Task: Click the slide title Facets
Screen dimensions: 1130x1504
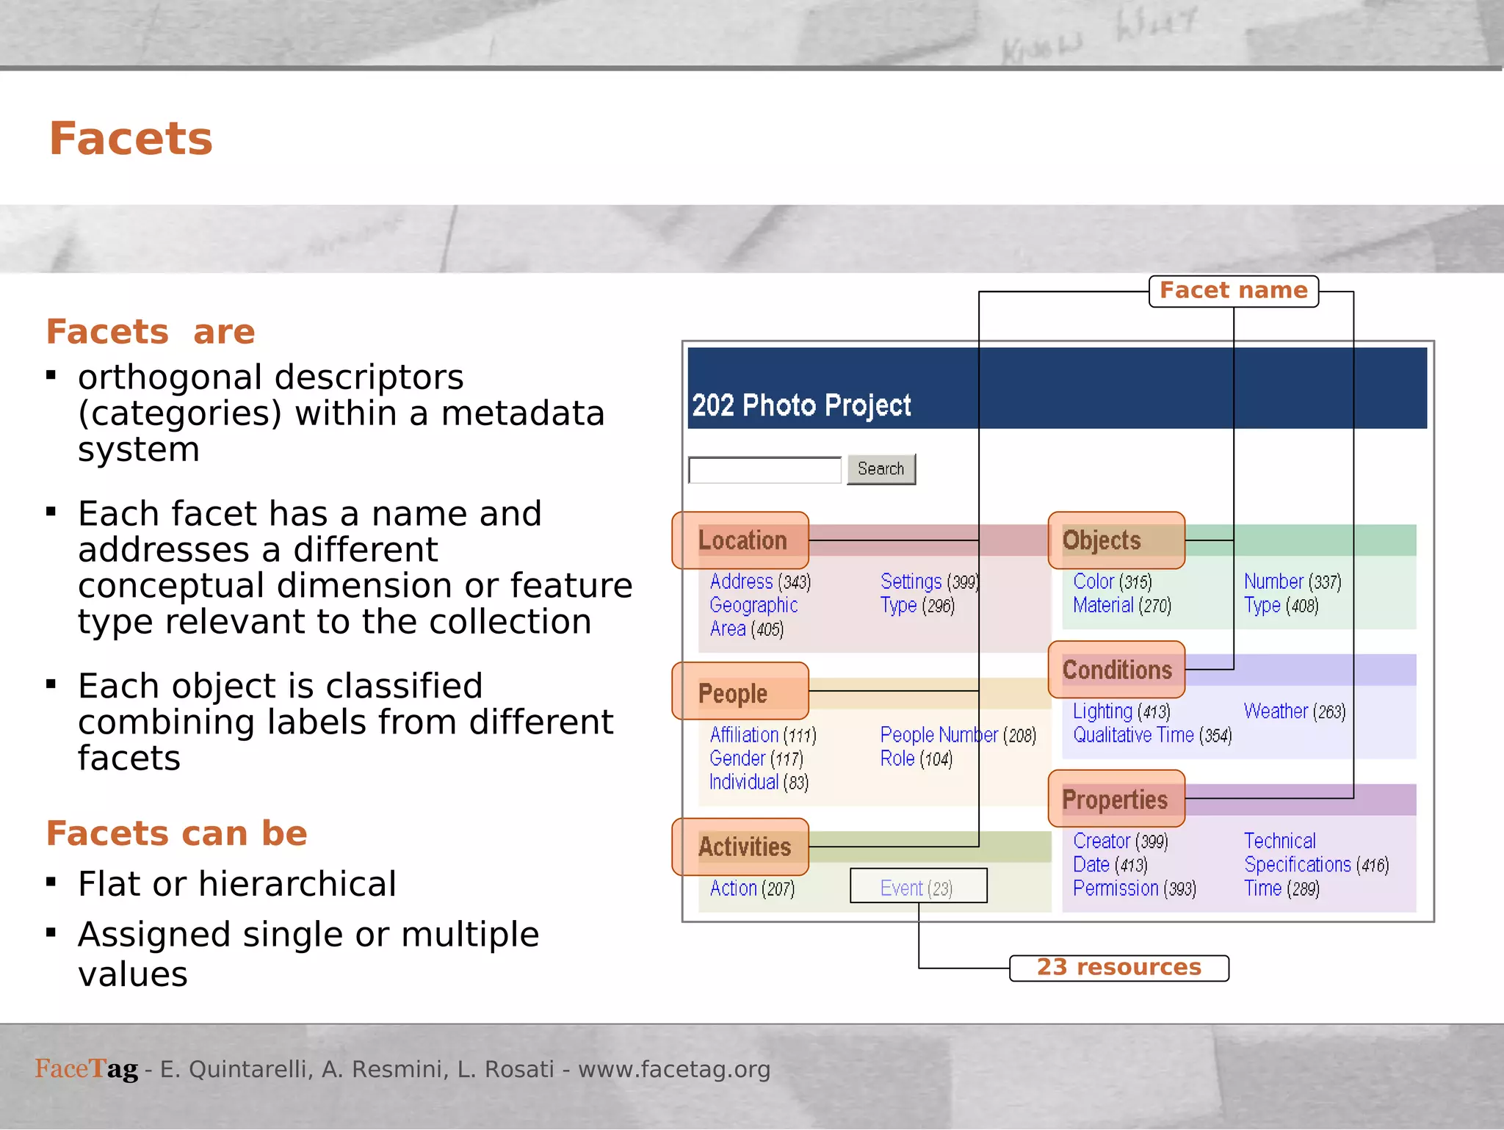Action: click(131, 139)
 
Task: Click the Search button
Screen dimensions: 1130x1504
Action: click(881, 469)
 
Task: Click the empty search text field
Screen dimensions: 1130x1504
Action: click(764, 470)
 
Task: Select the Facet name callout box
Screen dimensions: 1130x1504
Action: click(1233, 291)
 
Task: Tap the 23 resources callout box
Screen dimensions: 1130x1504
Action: click(1118, 968)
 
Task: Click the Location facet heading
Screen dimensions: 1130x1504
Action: click(742, 540)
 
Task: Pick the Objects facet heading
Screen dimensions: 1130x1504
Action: click(1102, 540)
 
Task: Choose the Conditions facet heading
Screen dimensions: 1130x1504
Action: click(1117, 670)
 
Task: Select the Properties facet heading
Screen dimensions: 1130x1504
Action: click(1115, 800)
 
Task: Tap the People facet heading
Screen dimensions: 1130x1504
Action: click(733, 693)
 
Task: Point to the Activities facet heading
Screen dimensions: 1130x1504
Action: click(744, 847)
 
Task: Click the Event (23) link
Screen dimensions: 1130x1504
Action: click(916, 888)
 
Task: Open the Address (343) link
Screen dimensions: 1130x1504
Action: click(760, 582)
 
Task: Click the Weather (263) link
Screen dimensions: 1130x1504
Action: click(1294, 711)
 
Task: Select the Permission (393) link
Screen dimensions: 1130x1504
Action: click(1134, 888)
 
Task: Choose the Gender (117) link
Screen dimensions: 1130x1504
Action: click(756, 758)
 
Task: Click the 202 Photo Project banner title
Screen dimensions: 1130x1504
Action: click(801, 405)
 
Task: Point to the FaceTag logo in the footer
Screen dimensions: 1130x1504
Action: click(86, 1069)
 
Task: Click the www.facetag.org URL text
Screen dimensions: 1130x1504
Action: click(674, 1070)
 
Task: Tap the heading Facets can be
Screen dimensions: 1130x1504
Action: click(176, 833)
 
